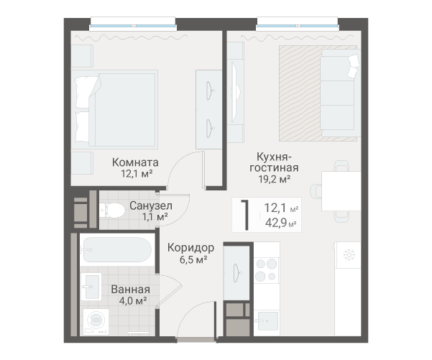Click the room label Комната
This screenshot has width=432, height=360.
tap(135, 162)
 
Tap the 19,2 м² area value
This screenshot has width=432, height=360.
tap(275, 179)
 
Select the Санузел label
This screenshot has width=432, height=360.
tap(151, 206)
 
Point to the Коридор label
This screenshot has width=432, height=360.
tap(190, 248)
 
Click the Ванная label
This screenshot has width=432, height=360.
tap(131, 290)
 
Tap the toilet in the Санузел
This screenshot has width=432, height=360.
tap(112, 210)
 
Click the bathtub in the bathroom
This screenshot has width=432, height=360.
tap(117, 249)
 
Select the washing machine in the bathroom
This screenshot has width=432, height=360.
tap(96, 321)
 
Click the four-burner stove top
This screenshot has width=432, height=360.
tap(267, 269)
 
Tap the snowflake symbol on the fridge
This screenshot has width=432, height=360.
tap(349, 255)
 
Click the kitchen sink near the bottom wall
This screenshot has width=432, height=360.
tap(266, 320)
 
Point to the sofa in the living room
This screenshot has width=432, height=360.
tap(341, 93)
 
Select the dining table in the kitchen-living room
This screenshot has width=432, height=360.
tap(341, 191)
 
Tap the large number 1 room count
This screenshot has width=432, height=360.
tap(246, 215)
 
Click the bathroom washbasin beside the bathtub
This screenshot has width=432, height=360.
tap(92, 287)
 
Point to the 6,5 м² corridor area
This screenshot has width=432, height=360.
tap(193, 259)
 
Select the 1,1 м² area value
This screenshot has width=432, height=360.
tap(155, 217)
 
